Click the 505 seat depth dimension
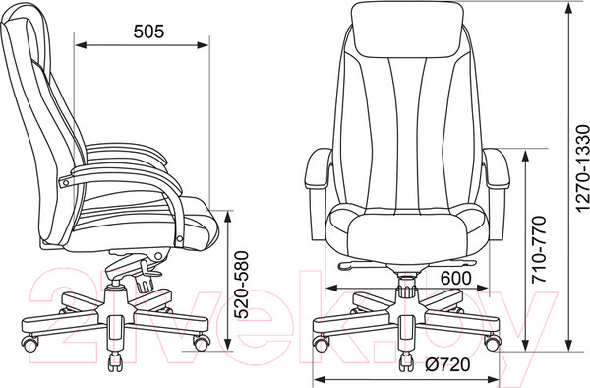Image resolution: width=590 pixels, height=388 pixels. [149, 32]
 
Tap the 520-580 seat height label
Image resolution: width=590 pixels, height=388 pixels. [241, 286]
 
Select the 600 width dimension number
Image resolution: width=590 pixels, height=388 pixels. [455, 278]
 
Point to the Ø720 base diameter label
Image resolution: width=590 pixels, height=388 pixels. [448, 364]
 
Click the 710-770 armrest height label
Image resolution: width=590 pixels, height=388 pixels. [539, 249]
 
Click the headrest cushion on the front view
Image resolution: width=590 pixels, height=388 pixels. [405, 30]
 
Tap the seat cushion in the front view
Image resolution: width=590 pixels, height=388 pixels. [407, 236]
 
